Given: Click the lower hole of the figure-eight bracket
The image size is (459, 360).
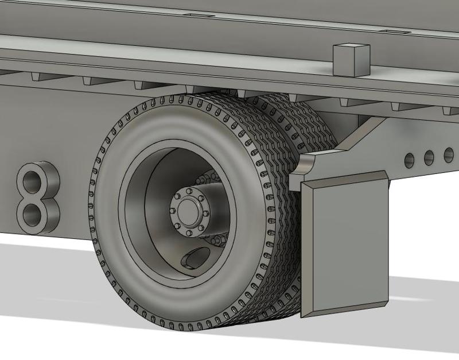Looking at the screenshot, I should click(x=32, y=215).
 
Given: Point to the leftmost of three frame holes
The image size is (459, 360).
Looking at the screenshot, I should click(x=409, y=160).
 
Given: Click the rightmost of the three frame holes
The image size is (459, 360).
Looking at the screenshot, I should click(x=449, y=154).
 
